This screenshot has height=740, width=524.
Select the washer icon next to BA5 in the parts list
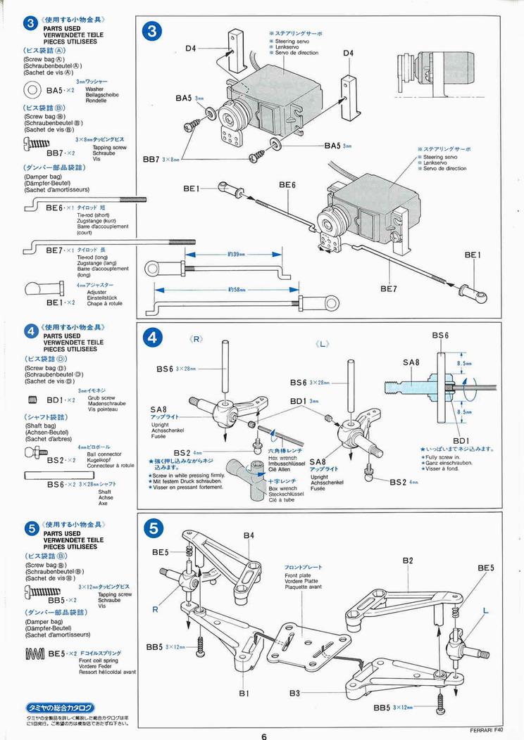point(32,90)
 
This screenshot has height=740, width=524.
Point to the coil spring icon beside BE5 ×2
point(35,654)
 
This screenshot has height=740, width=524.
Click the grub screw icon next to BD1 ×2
point(32,400)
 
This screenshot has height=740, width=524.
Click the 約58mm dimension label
point(237,289)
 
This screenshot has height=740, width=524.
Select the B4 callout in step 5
point(249,535)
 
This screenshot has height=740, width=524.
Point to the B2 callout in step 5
point(408,561)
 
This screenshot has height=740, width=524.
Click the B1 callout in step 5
point(244,693)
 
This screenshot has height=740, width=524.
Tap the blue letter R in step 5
point(155,610)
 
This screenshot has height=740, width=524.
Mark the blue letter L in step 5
point(485,612)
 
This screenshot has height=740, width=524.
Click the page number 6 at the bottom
point(263,736)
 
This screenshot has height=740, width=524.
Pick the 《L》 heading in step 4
point(323,343)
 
